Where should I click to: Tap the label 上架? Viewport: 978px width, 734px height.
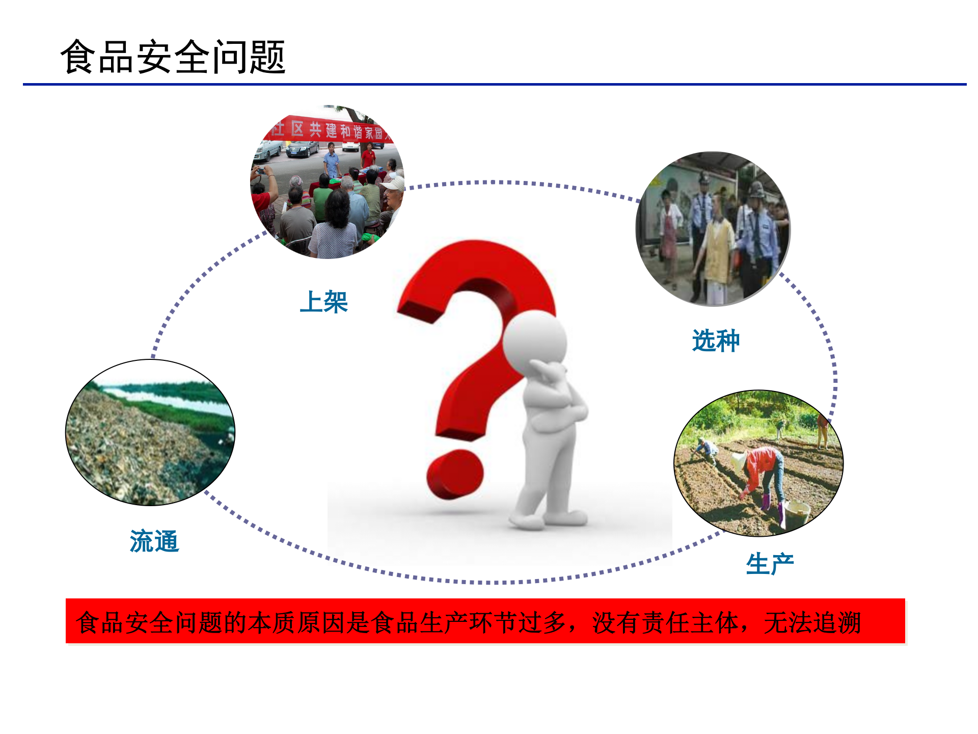(323, 302)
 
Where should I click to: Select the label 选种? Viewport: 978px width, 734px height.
(716, 340)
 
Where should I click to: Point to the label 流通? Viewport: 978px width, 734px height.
(154, 541)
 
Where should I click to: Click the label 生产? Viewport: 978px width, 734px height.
(770, 564)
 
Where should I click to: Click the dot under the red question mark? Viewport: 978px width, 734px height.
(455, 474)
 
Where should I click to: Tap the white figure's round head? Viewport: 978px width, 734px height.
(535, 342)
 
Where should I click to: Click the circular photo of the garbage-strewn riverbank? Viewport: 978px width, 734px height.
(150, 433)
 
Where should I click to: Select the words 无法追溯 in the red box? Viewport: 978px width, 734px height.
(812, 622)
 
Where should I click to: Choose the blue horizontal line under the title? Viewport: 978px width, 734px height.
(494, 84)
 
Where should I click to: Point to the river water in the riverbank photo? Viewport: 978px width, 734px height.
(163, 398)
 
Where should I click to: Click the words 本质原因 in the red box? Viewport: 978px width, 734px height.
(297, 622)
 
